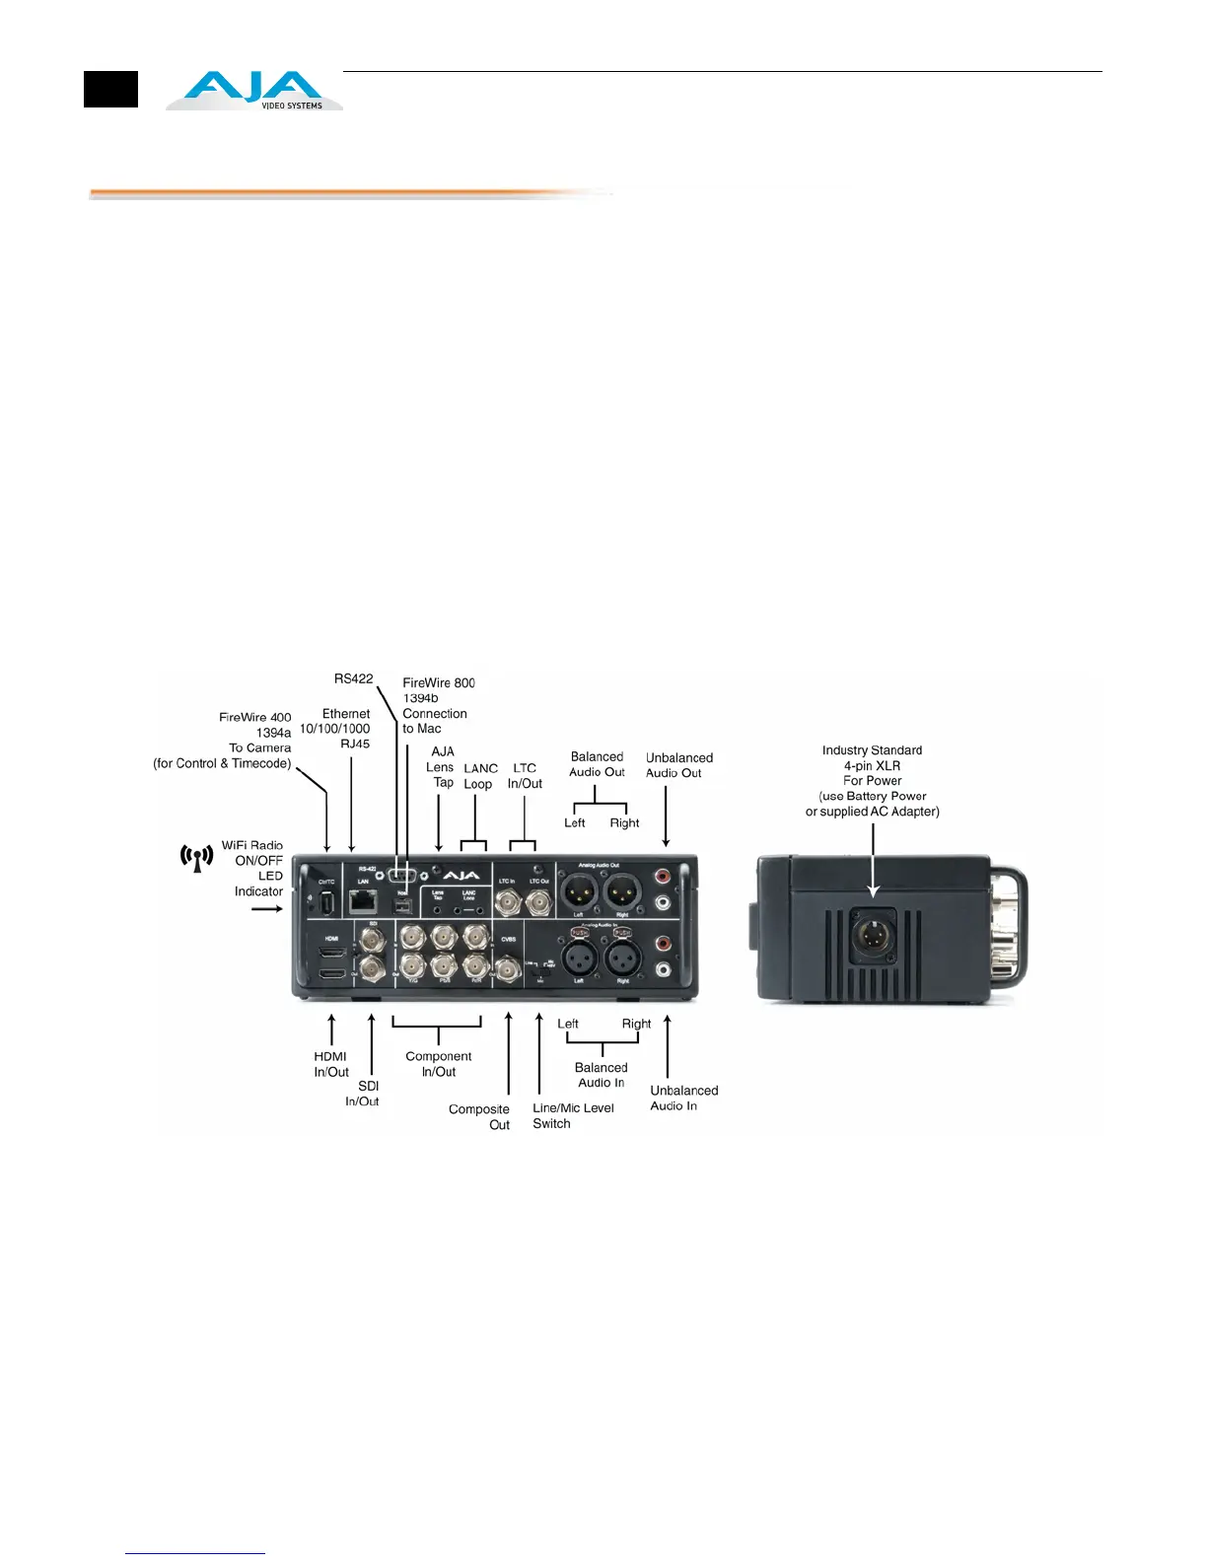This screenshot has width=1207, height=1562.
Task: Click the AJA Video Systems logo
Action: pyautogui.click(x=254, y=91)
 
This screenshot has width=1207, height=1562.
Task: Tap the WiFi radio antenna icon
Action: pyautogui.click(x=197, y=857)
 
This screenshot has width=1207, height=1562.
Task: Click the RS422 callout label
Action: pyautogui.click(x=353, y=678)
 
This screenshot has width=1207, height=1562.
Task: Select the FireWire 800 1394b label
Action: pyautogui.click(x=438, y=690)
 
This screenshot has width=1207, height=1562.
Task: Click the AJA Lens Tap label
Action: pyautogui.click(x=441, y=767)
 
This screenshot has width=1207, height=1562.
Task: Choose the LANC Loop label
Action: pyautogui.click(x=480, y=776)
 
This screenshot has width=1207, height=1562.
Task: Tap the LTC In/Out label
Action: pyautogui.click(x=525, y=776)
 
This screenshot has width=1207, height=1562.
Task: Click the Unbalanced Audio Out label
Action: pyautogui.click(x=678, y=765)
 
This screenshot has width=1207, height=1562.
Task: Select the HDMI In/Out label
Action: pyautogui.click(x=331, y=1064)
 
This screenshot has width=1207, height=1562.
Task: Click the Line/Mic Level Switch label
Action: pyautogui.click(x=573, y=1115)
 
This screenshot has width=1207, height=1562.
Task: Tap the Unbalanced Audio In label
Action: pyautogui.click(x=683, y=1098)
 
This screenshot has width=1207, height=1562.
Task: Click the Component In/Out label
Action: pyautogui.click(x=439, y=1064)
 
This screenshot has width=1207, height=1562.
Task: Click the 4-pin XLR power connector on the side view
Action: pyautogui.click(x=873, y=936)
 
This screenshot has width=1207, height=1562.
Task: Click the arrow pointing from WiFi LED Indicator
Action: pyautogui.click(x=266, y=908)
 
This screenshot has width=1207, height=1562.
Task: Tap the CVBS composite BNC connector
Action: pyautogui.click(x=508, y=971)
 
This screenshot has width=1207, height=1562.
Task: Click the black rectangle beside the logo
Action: pyautogui.click(x=110, y=90)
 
